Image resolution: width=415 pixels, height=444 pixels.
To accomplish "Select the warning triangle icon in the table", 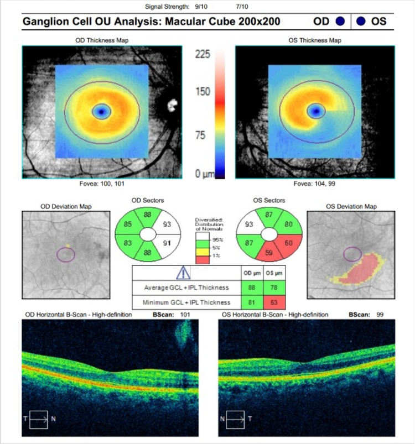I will click(x=183, y=273).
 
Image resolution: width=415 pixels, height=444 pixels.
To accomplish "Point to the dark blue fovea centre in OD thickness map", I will click(x=101, y=111).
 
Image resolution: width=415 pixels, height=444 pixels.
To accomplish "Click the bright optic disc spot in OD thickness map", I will click(x=170, y=105).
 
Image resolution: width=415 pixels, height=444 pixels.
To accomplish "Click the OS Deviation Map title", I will click(x=351, y=207).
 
